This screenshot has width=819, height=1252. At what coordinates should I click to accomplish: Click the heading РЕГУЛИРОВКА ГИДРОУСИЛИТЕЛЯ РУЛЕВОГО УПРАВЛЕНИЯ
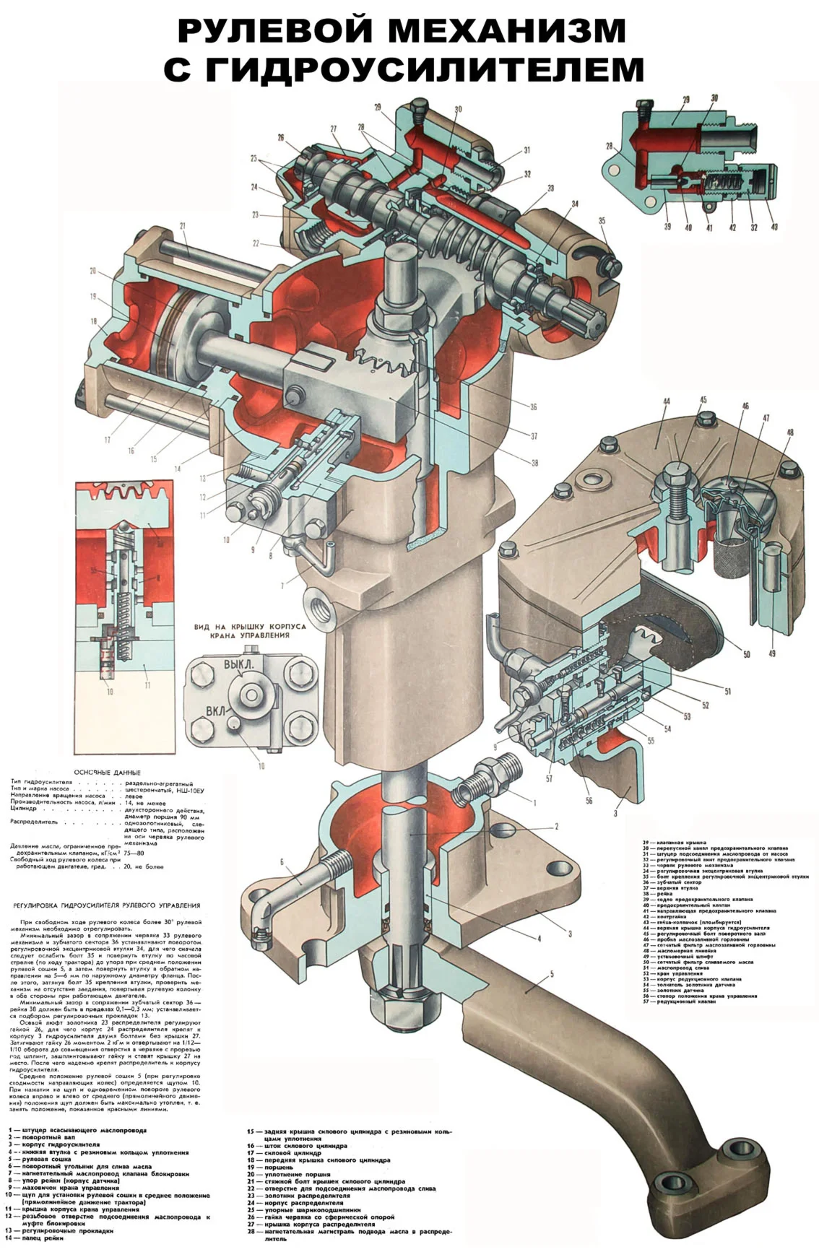[108, 905]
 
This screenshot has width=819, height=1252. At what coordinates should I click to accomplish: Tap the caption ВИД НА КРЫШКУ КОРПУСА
[249, 627]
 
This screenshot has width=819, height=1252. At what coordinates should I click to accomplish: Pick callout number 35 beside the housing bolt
[602, 219]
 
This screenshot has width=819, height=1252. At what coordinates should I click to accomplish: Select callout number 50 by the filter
[746, 654]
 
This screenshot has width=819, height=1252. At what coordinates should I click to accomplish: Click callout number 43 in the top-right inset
[775, 227]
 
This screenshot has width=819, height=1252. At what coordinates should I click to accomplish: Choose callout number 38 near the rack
[534, 463]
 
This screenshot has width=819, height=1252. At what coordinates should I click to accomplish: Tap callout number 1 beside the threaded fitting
[534, 802]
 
